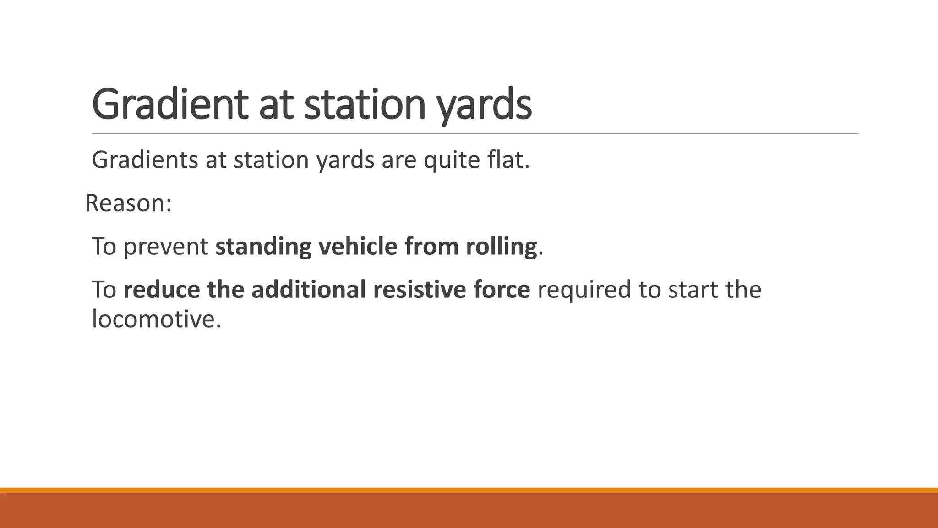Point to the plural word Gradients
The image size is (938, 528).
tap(145, 160)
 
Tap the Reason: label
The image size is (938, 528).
tap(128, 203)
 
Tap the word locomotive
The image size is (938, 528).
tap(156, 319)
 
